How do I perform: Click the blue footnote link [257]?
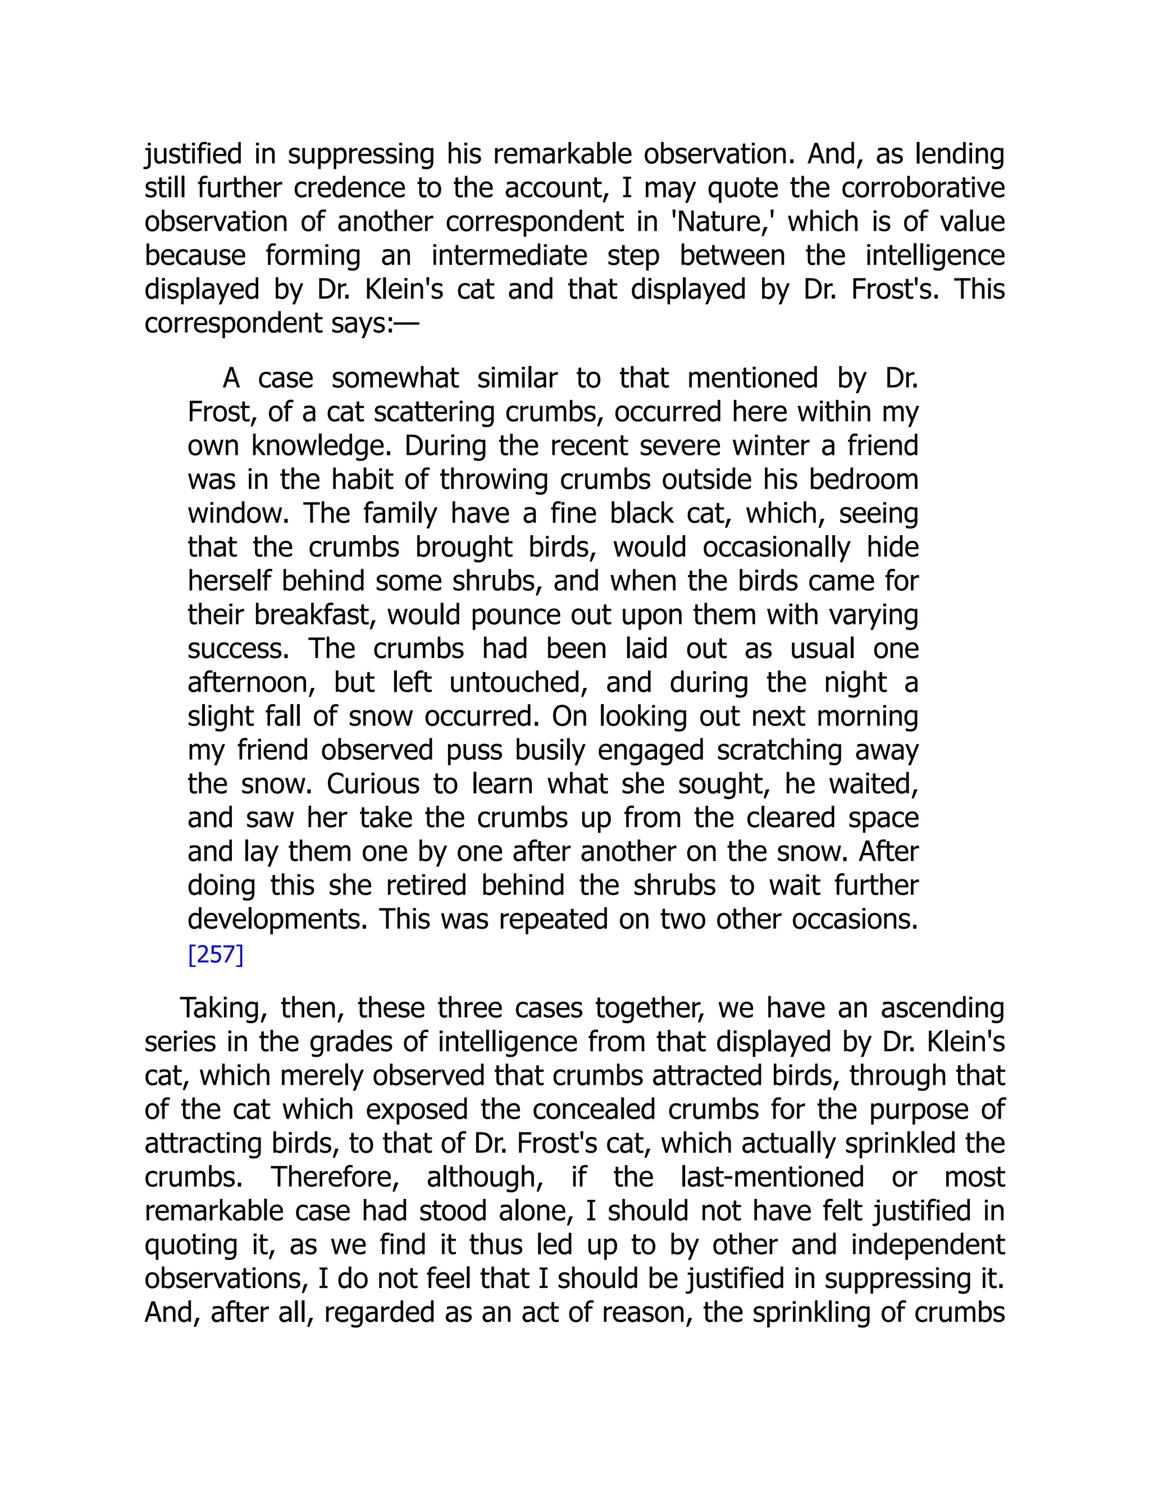coord(215,955)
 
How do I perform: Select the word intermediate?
coord(509,256)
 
